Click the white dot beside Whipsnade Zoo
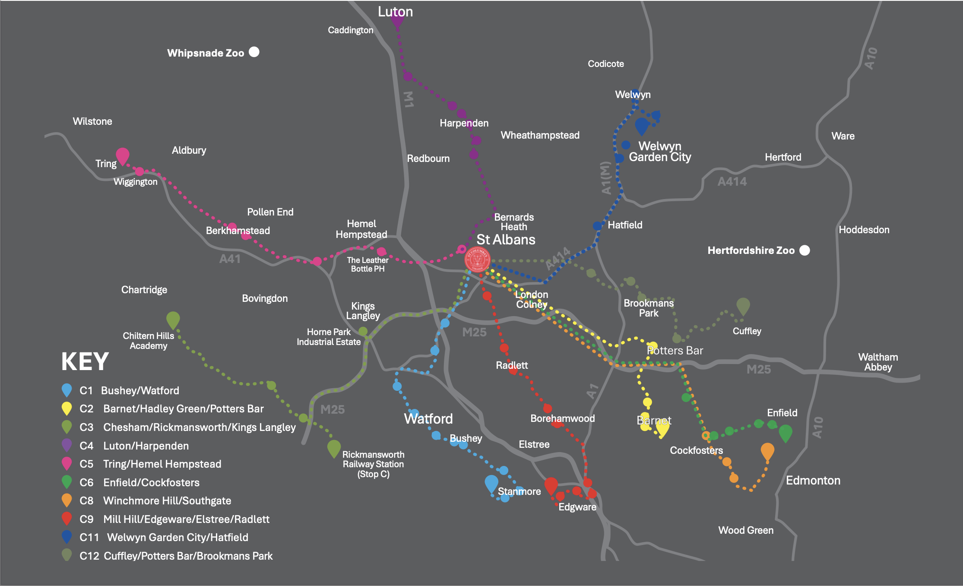[x=254, y=52]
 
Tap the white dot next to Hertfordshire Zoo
[x=805, y=250]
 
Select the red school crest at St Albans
[x=477, y=260]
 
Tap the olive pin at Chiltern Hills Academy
[x=173, y=320]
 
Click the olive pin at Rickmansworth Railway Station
[x=334, y=448]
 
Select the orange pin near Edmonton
[x=767, y=451]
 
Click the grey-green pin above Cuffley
[x=743, y=306]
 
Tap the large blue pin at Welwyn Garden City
[x=642, y=126]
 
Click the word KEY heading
[x=85, y=361]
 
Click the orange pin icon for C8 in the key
[x=67, y=500]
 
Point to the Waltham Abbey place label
[x=878, y=362]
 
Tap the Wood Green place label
[x=746, y=530]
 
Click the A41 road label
[x=230, y=259]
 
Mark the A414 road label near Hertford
[x=732, y=182]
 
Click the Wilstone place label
[x=92, y=121]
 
